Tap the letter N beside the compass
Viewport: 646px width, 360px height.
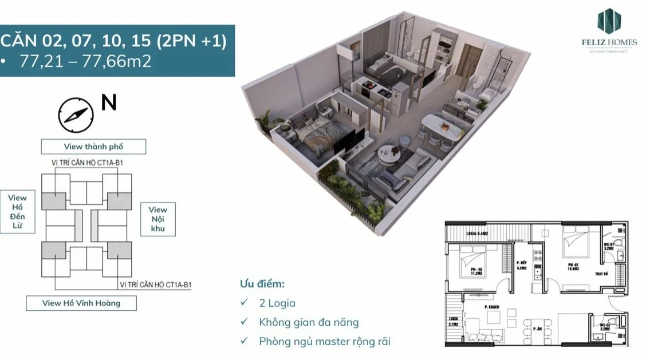(109, 102)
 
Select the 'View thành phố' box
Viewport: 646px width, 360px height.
(93, 147)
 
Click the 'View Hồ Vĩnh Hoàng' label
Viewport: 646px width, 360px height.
(81, 303)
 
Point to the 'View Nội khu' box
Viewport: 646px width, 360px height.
(157, 219)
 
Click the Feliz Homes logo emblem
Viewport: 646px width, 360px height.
(609, 21)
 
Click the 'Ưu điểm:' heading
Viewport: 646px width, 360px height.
(262, 284)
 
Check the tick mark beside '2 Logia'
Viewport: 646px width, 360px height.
(245, 303)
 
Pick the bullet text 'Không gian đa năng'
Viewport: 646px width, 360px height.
(309, 322)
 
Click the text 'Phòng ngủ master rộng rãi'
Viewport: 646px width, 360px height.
(325, 341)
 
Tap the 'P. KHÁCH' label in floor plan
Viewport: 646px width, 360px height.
(491, 307)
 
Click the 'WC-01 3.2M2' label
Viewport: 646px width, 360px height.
(609, 246)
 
